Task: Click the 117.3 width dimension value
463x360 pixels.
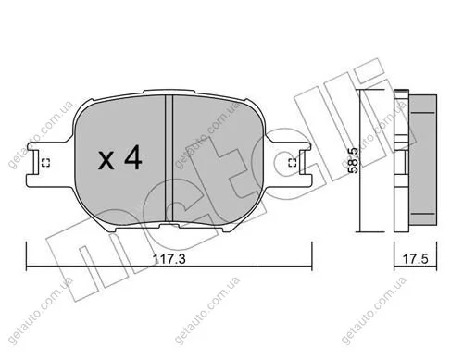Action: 169,259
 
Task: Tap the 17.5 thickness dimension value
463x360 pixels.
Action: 416,259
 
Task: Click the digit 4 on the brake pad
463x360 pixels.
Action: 133,158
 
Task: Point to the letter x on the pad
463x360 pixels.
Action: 106,161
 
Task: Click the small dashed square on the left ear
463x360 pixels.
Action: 45,163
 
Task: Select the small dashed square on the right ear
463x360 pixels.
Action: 292,163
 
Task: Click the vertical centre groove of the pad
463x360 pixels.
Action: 169,158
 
